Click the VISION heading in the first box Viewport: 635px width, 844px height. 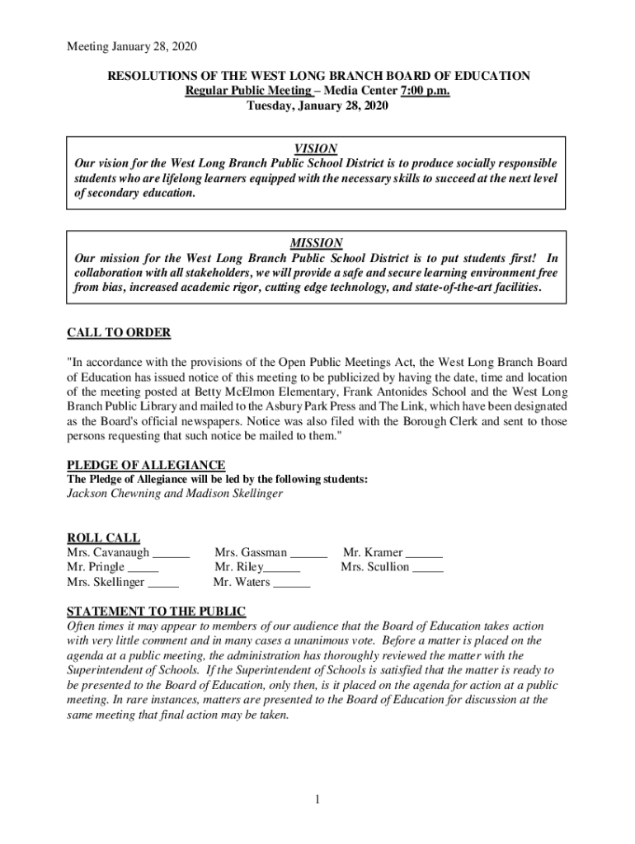pos(317,148)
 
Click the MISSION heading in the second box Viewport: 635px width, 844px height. pos(317,243)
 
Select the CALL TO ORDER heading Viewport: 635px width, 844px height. pos(119,333)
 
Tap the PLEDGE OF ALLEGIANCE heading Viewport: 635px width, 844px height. pos(146,466)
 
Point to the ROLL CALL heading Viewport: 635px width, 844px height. pos(103,538)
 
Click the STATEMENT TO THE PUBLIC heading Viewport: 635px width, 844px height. pos(156,612)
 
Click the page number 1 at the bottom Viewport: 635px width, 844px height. pos(317,799)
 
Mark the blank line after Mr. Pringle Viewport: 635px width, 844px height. pos(143,569)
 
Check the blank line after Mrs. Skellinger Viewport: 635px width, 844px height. pos(163,584)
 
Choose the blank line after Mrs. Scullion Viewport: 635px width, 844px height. pos(428,569)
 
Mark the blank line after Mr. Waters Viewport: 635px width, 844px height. pos(291,584)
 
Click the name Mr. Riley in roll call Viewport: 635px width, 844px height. pos(238,568)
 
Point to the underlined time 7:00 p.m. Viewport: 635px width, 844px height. pos(421,91)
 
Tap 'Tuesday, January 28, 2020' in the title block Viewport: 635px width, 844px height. pos(317,105)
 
